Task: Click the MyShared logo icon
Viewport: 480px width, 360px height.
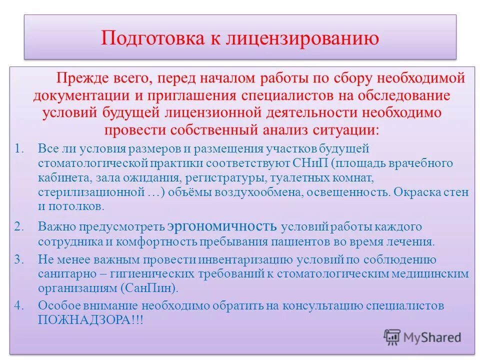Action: (392, 337)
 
